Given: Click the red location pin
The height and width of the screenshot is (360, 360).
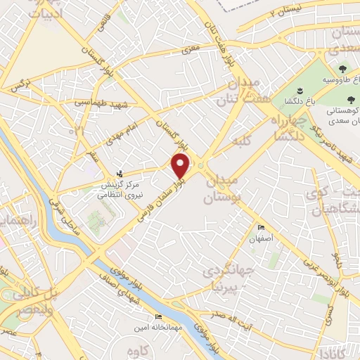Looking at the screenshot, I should click(181, 166).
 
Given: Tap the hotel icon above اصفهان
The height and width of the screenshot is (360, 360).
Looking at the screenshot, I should click(262, 228).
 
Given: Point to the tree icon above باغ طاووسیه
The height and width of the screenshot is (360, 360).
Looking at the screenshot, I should click(342, 68).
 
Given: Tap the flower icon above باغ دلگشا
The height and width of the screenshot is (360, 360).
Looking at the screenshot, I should click(300, 91).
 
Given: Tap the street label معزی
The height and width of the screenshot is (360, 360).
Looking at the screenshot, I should click(191, 50).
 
